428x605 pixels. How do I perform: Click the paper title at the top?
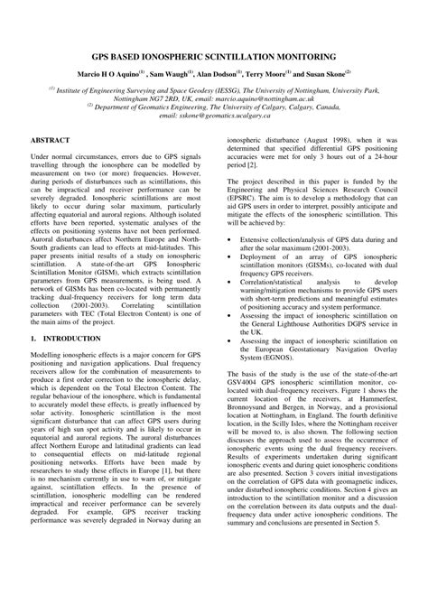pos(213,55)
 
